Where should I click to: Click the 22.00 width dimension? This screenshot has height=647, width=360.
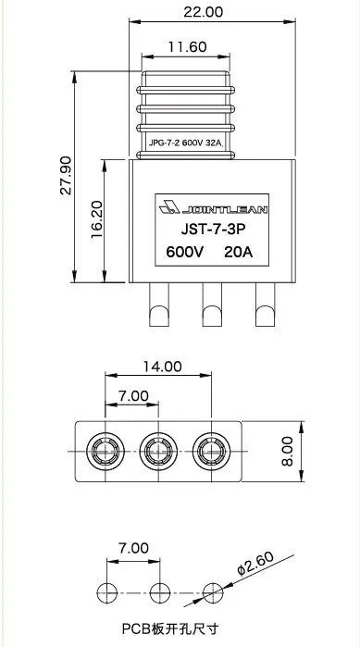point(203,12)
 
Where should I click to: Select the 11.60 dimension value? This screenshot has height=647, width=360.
point(187,47)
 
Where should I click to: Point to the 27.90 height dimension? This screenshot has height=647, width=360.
point(66,175)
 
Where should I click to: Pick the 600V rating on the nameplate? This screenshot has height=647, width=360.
point(184,252)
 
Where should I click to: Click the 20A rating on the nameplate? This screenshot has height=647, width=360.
point(239,252)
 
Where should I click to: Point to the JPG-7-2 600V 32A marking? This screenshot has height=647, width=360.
point(186,144)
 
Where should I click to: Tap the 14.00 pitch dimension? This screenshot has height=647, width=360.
point(162,366)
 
